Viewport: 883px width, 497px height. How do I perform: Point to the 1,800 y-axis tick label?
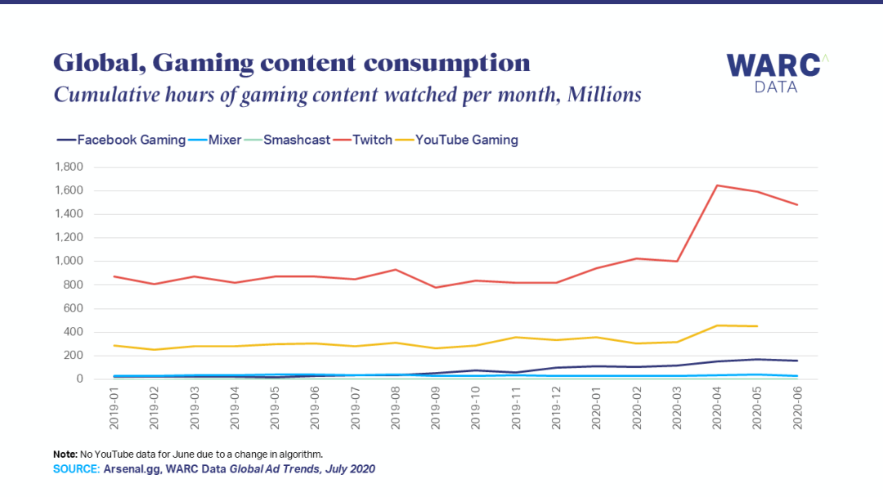click(x=68, y=168)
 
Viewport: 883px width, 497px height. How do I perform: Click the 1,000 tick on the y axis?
click(x=68, y=262)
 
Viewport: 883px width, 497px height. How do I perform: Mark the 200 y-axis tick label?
click(x=74, y=356)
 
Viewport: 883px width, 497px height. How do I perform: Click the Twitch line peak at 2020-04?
click(x=717, y=186)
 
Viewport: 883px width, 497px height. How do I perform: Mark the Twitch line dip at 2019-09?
click(x=435, y=288)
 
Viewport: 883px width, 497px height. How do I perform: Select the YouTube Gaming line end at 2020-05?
click(x=757, y=326)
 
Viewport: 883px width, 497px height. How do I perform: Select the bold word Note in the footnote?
click(x=65, y=453)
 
